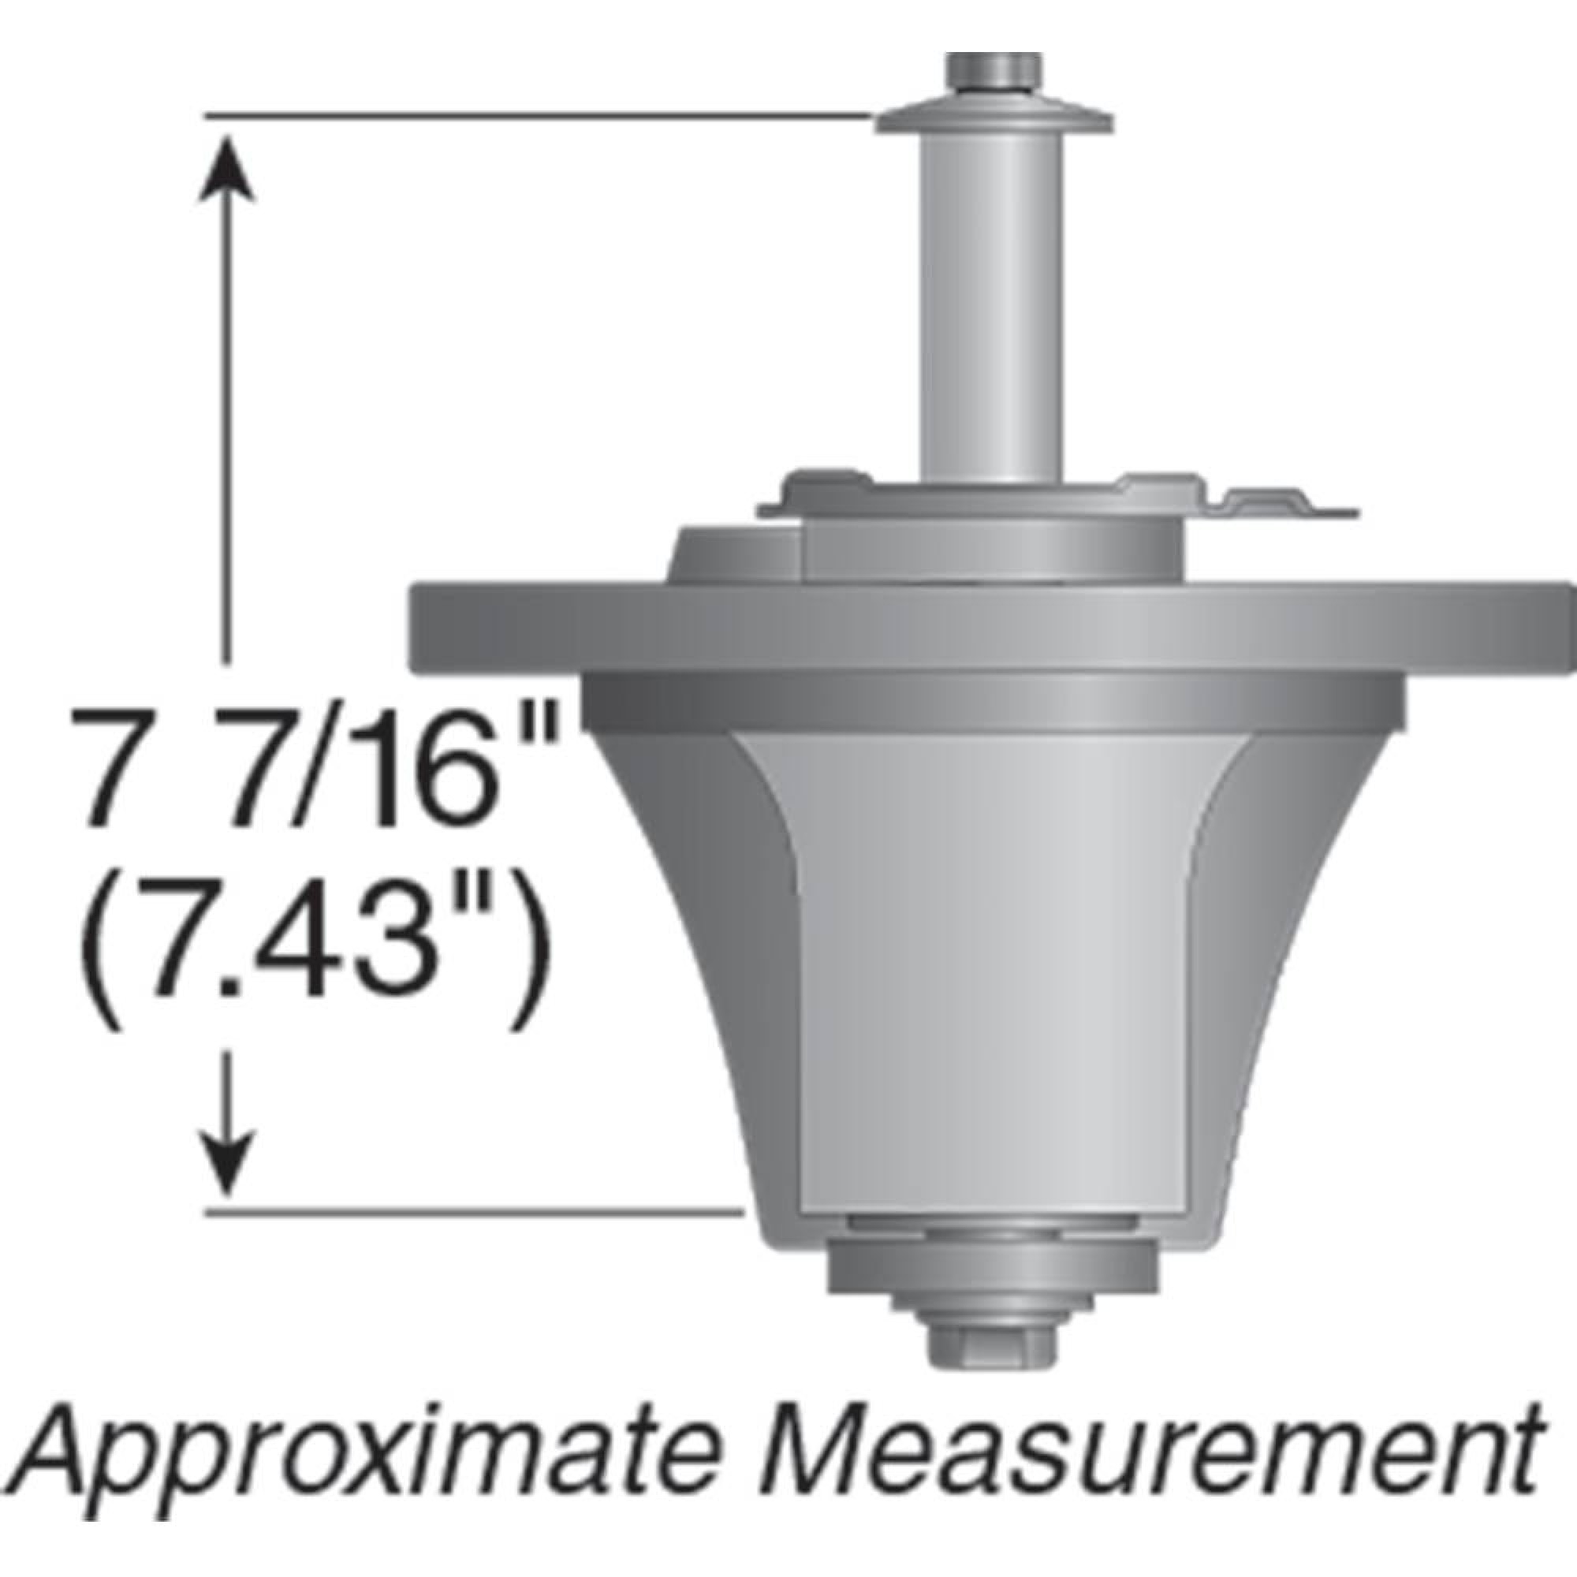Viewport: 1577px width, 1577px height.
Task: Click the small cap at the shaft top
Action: coord(994,72)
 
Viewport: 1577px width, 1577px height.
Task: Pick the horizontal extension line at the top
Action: coord(539,117)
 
